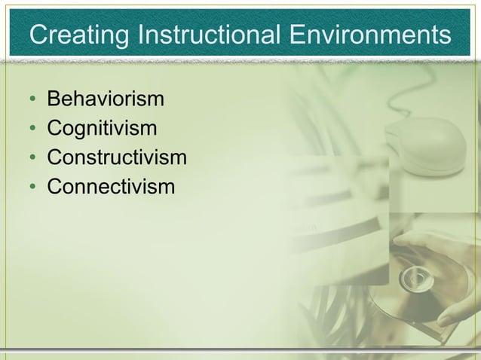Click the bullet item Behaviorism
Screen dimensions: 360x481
106,99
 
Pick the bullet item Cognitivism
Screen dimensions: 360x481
102,129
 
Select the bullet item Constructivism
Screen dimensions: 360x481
116,157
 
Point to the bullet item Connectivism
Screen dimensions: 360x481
111,186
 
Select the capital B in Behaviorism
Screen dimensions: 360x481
54,99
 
